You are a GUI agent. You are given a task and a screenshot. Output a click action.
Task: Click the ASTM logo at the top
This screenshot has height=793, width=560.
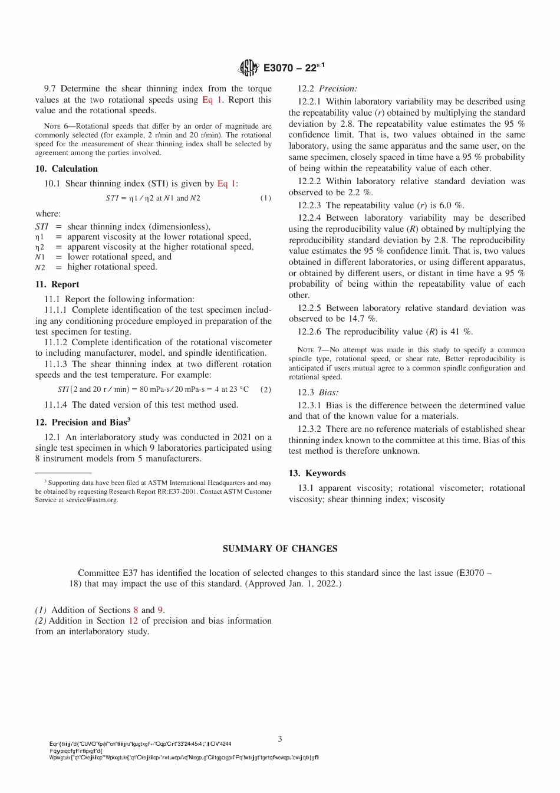[x=248, y=68]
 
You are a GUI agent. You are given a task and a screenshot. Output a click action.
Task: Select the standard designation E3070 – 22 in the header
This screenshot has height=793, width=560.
[x=294, y=68]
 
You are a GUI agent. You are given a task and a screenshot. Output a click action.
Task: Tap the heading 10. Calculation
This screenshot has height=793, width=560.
[x=67, y=169]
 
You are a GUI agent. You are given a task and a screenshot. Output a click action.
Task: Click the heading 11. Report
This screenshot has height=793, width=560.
[x=57, y=284]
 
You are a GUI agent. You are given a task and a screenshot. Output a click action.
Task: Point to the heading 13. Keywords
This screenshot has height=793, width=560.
[x=317, y=473]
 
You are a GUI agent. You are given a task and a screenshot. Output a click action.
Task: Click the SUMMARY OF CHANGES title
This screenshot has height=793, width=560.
[x=280, y=549]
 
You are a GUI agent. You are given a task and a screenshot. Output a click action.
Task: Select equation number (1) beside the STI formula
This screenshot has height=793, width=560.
[x=266, y=198]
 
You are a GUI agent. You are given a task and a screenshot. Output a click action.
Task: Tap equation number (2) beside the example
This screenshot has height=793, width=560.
[x=266, y=389]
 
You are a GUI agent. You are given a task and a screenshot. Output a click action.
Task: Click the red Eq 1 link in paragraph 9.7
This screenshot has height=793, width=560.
[x=212, y=100]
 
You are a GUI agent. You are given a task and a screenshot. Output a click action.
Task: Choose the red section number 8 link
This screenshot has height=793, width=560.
[x=136, y=610]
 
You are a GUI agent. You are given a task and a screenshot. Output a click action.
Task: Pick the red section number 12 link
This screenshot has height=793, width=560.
[x=133, y=621]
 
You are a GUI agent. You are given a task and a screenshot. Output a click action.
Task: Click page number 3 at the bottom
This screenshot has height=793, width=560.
[x=280, y=739]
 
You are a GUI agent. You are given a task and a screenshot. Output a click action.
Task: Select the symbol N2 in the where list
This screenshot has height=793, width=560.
[x=40, y=267]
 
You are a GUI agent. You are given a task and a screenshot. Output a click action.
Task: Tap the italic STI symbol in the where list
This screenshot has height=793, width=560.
[x=41, y=227]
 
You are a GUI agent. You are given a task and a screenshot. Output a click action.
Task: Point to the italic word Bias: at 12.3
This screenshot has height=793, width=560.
[x=329, y=392]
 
